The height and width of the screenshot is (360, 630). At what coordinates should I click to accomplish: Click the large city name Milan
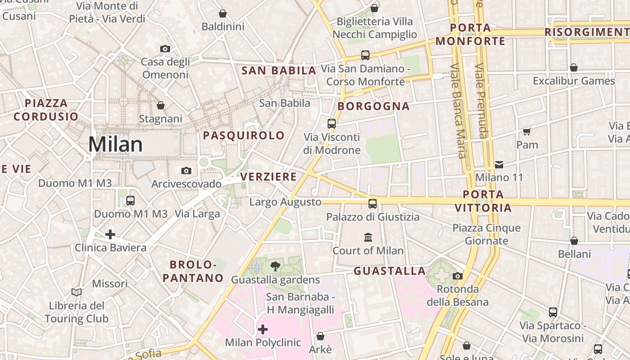[115, 144]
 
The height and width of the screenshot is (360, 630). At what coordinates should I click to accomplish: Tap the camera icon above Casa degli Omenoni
[165, 49]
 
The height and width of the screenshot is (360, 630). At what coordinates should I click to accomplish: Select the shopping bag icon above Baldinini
[223, 13]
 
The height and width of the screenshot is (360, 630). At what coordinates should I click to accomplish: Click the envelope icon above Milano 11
[499, 164]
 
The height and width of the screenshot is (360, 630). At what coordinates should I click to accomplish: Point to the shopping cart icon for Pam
[527, 131]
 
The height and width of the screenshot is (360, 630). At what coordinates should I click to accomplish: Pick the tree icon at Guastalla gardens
[275, 266]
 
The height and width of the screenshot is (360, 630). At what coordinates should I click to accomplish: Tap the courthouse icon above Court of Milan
[368, 237]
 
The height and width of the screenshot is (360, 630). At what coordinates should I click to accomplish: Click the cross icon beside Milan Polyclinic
[263, 329]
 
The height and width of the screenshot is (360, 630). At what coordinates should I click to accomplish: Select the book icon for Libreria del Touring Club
[76, 292]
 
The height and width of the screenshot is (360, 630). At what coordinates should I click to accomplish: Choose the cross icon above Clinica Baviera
[110, 234]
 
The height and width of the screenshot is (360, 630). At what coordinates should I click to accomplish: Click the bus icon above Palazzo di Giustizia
[373, 203]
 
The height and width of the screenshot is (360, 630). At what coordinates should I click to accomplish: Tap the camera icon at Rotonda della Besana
[458, 276]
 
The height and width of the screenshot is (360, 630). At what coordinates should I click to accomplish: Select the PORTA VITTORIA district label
[483, 201]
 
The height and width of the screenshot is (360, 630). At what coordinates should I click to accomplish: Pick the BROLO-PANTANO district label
[193, 271]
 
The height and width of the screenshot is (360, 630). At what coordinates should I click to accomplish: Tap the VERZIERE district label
[269, 177]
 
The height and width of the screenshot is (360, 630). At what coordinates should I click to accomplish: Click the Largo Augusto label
[285, 202]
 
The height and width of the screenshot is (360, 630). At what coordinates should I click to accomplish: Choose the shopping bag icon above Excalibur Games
[574, 67]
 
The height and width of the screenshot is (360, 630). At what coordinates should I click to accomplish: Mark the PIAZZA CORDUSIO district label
[46, 110]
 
